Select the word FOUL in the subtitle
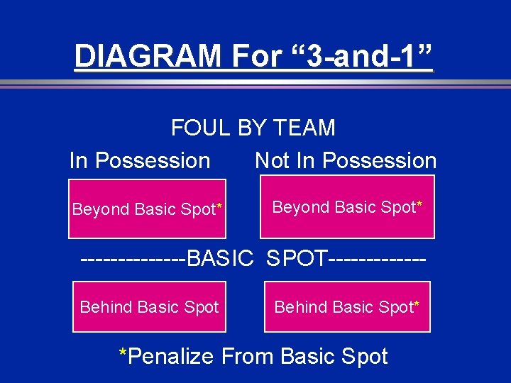200,128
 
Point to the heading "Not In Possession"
346,161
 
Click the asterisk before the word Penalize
123,353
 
